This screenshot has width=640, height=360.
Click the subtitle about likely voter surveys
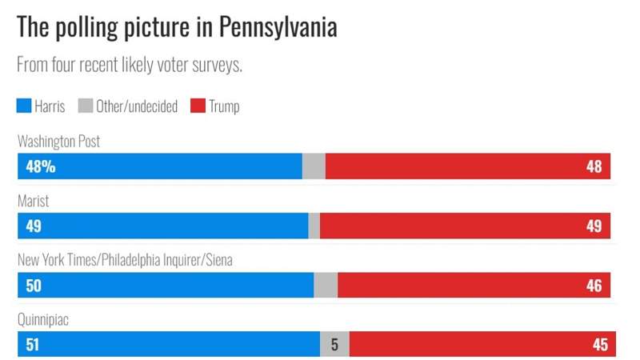click(130, 65)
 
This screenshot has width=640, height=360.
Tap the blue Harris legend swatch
click(24, 106)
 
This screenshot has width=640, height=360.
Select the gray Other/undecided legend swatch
click(86, 106)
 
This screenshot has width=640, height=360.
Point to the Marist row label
click(34, 202)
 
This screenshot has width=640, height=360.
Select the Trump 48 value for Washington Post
click(594, 166)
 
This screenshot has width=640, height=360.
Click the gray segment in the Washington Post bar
click(314, 166)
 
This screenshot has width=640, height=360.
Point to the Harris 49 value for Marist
click(33, 226)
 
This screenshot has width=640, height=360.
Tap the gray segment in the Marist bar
click(314, 226)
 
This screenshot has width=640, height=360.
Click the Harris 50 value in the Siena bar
click(33, 285)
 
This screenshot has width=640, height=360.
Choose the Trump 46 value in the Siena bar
click(594, 285)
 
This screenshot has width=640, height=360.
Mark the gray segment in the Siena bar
click(326, 285)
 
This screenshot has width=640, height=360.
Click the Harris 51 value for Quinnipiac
click(33, 344)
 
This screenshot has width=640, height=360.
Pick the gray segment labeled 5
click(334, 344)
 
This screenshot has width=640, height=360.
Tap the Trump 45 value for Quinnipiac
click(599, 344)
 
